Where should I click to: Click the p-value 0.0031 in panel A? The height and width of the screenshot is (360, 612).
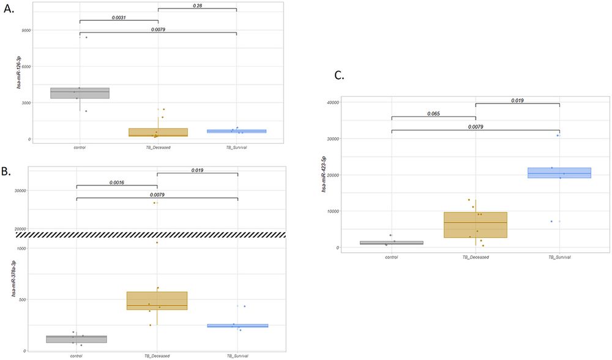click(119, 18)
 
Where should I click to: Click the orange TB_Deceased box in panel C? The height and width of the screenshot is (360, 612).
click(476, 225)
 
